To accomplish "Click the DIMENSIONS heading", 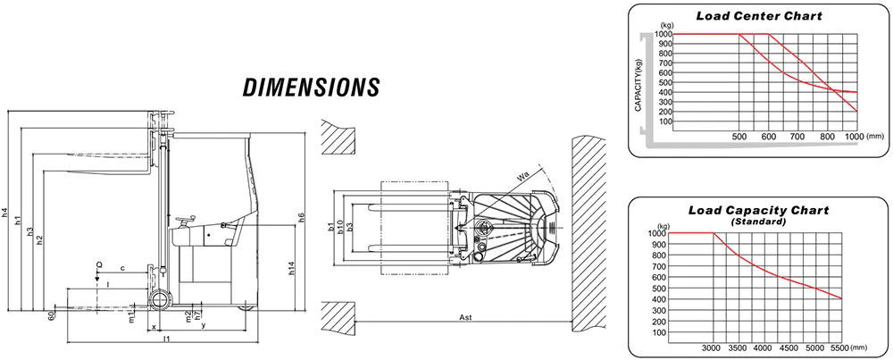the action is [x=311, y=88].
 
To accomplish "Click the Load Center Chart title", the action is [x=759, y=16].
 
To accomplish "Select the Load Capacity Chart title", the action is [x=758, y=210].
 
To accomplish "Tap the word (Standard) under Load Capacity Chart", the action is [x=758, y=222].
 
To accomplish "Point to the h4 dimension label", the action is [x=4, y=213].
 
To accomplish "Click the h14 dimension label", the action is [x=292, y=268].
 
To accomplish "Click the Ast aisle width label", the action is [x=466, y=317].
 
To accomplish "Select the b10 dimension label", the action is [x=340, y=227].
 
